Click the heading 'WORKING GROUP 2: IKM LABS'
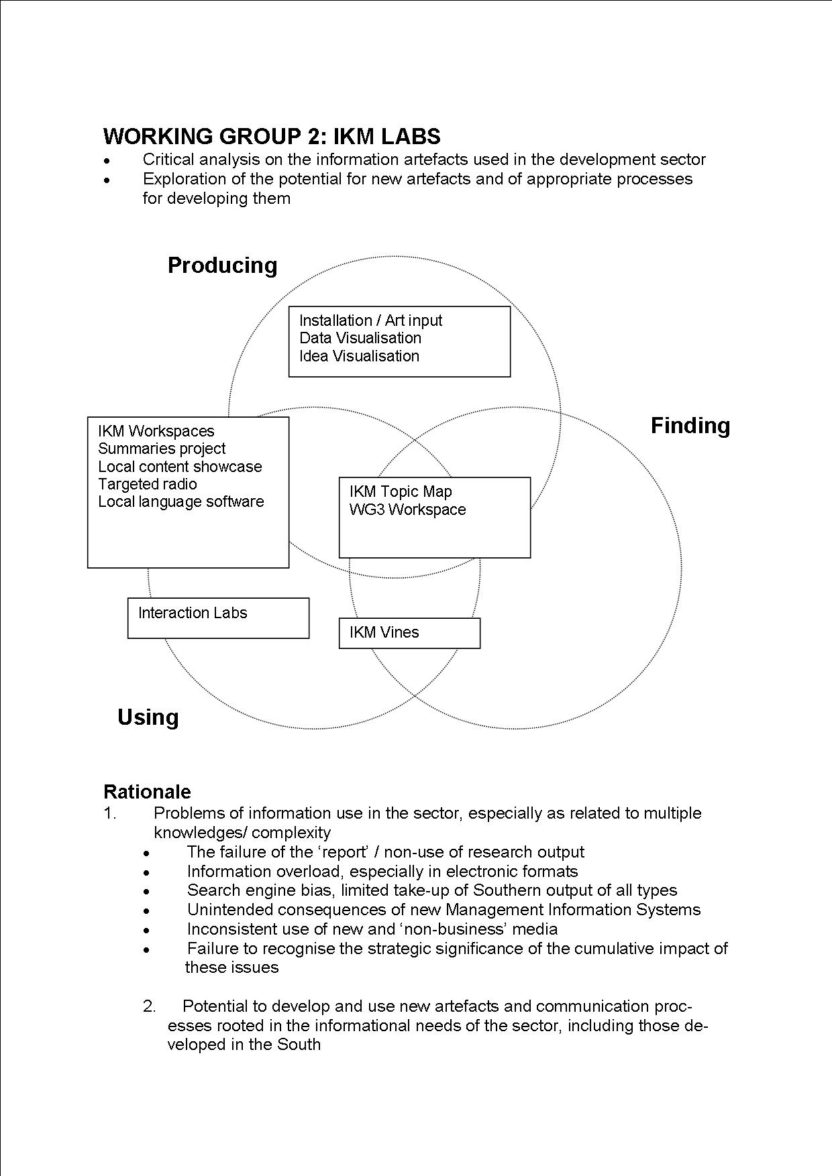coord(272,136)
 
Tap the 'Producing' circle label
coord(222,266)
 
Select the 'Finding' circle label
coord(690,426)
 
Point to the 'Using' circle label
coord(148,717)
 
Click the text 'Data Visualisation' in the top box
coord(360,338)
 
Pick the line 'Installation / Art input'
coord(370,320)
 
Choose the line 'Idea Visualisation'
coord(359,356)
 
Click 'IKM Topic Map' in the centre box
coord(401,491)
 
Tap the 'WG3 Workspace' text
coord(407,510)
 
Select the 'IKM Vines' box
coord(409,633)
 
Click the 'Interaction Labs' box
coord(218,618)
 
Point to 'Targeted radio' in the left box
coord(148,484)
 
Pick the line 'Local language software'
coord(181,502)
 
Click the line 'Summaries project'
coord(162,449)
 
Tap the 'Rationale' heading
coord(147,792)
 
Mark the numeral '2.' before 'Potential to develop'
coord(149,1006)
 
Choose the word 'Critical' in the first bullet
coord(168,160)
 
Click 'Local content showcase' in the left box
coord(180,467)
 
